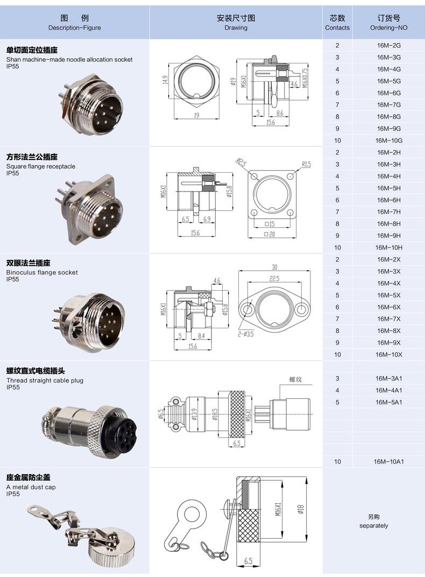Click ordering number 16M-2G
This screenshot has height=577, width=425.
pos(388,45)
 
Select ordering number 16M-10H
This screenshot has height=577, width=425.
pos(388,248)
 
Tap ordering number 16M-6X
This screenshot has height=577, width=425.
pos(388,307)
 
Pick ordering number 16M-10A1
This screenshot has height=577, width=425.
pos(389,461)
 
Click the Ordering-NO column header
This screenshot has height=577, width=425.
pos(389,23)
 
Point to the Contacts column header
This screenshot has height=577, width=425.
pos(337,23)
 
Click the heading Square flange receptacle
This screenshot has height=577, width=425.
pos(41,166)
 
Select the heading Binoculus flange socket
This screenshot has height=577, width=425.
pos(42,272)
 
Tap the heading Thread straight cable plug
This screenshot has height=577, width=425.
pos(45,381)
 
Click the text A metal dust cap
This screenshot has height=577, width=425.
pos(31,487)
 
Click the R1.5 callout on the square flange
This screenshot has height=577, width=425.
pos(306,164)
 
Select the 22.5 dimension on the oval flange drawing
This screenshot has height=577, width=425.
pos(275,278)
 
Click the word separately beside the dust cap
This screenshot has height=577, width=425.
pos(373,525)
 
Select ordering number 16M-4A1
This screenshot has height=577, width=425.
pos(389,390)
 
